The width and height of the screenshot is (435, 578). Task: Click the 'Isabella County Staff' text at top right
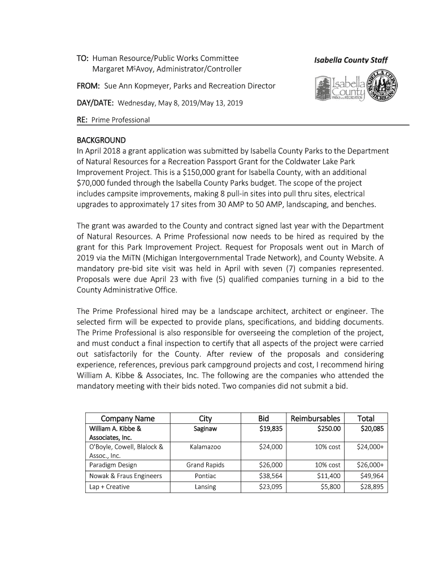click(351, 60)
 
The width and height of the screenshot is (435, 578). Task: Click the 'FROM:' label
click(88, 86)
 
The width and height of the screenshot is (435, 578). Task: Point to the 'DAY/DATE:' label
click(95, 103)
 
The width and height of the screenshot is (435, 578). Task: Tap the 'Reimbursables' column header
click(315, 418)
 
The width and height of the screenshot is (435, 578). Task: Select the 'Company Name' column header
click(127, 418)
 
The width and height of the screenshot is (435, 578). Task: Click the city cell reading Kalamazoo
click(205, 447)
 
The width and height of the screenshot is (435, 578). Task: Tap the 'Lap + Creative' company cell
click(109, 487)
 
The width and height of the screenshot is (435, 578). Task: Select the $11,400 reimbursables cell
click(327, 476)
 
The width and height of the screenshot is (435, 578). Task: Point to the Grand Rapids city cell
click(205, 465)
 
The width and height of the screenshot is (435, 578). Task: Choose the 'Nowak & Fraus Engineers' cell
click(125, 476)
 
